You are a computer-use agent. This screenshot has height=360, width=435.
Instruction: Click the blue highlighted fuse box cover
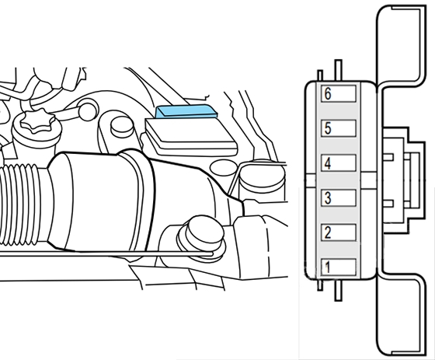(x=186, y=111)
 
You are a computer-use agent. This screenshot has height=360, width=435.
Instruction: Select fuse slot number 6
(x=339, y=93)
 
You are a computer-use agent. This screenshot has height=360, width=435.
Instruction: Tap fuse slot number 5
(x=339, y=128)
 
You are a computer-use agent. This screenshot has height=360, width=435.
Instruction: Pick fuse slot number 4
(x=339, y=163)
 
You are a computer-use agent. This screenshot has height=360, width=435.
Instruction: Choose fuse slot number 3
(x=339, y=197)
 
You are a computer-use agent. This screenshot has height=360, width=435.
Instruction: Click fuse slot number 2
(x=339, y=232)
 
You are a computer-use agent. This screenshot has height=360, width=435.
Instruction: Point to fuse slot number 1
(x=339, y=267)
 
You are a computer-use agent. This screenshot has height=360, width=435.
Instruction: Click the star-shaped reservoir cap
(x=38, y=121)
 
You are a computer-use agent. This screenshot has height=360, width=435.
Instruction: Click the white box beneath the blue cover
(x=191, y=136)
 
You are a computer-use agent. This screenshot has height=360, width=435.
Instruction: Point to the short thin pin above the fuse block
(x=320, y=75)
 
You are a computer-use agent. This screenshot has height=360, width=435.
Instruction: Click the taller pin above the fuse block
(x=339, y=71)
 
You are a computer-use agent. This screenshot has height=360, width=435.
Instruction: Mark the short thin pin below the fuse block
(x=320, y=285)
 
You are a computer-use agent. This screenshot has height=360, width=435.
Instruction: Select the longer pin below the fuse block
(x=339, y=290)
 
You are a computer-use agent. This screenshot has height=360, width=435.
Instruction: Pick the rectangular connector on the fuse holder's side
(x=404, y=180)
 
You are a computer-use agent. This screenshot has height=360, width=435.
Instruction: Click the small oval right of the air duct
(x=224, y=168)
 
